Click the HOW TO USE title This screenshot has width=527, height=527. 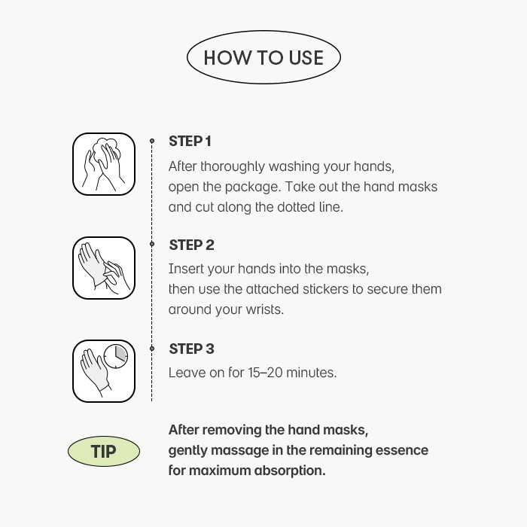263,57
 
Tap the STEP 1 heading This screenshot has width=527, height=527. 190,142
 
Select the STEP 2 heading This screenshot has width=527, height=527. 191,245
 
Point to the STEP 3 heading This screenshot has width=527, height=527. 191,349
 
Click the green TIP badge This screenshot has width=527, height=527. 104,451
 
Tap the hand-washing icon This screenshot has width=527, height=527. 104,164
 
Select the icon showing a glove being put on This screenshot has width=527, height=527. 104,268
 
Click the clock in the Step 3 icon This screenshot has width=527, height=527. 116,356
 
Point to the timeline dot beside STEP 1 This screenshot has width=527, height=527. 152,141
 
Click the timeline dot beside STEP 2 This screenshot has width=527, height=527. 152,244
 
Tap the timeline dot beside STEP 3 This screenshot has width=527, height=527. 152,349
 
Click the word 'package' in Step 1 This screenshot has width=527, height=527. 252,187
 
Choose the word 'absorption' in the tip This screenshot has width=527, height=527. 290,471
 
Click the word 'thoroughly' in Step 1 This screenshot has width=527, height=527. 233,167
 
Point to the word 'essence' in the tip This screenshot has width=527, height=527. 401,450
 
